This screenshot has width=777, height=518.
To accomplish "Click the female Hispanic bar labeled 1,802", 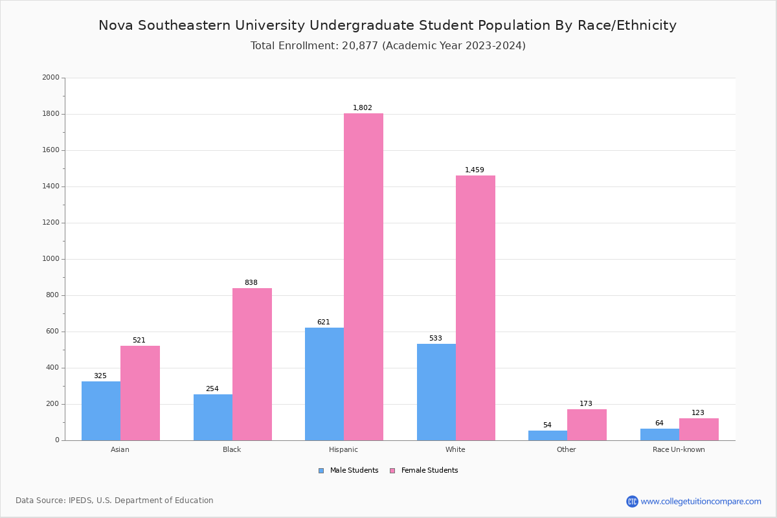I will (x=363, y=277).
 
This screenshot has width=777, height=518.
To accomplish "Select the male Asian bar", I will (x=101, y=411).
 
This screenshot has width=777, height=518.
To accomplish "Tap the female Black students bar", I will (x=252, y=364).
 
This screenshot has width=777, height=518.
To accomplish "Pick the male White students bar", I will (x=436, y=392).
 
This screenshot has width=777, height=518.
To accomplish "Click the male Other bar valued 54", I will (x=548, y=435).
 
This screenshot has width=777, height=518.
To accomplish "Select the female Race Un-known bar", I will (x=699, y=429).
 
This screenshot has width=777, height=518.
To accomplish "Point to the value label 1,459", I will (x=475, y=170).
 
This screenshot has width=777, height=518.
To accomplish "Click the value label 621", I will (x=324, y=322).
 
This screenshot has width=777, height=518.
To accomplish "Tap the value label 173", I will (x=586, y=404).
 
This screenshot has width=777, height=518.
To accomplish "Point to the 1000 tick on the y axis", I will (x=51, y=259).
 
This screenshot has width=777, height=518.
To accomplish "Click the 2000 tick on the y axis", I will (x=51, y=78).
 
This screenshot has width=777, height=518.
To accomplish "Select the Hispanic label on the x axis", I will (x=343, y=449).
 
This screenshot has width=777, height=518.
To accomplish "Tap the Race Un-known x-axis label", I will (x=679, y=449).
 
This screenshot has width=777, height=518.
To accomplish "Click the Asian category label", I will (x=120, y=449).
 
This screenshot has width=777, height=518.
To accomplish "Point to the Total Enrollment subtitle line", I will (x=388, y=46).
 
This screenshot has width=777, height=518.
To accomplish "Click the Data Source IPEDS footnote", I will (x=115, y=501).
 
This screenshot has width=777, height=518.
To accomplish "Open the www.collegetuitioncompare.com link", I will (x=701, y=501).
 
